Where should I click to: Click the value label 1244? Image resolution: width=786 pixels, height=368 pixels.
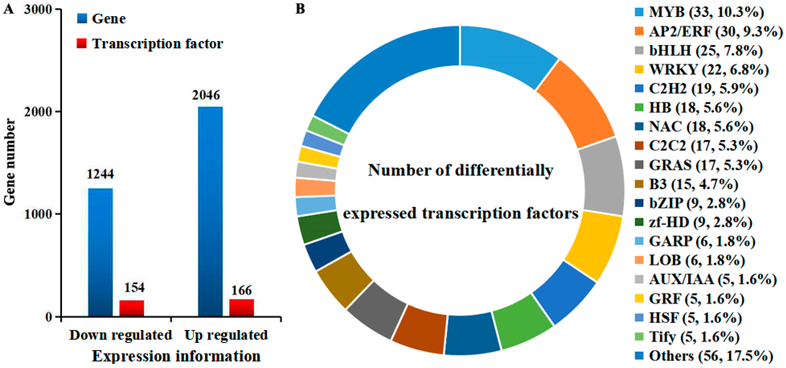(x=100, y=174)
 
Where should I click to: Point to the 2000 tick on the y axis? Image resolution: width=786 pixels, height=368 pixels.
(x=38, y=111)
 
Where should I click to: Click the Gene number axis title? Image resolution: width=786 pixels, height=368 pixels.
(x=10, y=162)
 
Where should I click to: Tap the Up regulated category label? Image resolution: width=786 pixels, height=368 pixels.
(x=226, y=335)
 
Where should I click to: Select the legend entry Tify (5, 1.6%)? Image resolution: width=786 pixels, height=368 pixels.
(x=694, y=337)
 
